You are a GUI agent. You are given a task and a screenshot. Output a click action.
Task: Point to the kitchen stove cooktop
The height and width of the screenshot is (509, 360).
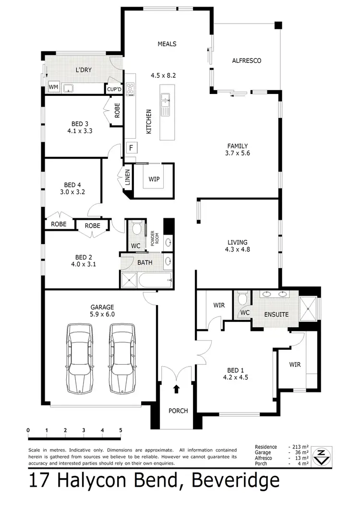tap(130, 90)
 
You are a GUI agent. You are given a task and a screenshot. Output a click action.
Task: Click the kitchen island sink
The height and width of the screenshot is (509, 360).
tap(166, 101)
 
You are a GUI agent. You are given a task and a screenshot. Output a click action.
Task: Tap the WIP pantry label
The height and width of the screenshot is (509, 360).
tap(154, 179)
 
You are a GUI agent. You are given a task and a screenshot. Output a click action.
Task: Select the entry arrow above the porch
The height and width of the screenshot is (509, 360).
tap(176, 388)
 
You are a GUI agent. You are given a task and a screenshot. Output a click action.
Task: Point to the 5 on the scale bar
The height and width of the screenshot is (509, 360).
tap(120, 430)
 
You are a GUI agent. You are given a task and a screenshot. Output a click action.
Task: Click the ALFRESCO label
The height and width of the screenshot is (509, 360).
tap(246, 61)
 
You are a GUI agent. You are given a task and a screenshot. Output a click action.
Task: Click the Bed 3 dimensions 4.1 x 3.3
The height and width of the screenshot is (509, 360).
tap(69, 130)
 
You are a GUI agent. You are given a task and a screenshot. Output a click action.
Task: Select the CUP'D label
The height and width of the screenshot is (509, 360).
tap(114, 89)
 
